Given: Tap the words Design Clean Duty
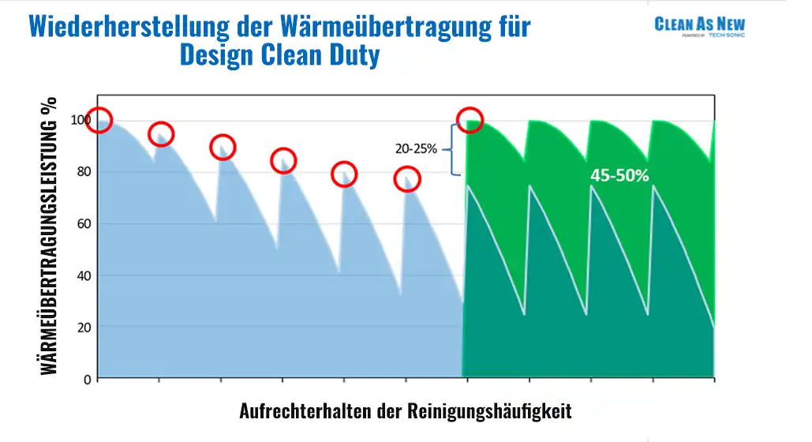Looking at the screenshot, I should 279,55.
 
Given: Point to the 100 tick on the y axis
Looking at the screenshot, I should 82,120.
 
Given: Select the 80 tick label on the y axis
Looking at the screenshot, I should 84,172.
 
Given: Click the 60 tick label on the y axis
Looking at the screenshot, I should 84,224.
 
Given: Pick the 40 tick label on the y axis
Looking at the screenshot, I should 84,275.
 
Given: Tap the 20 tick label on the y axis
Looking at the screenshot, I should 84,328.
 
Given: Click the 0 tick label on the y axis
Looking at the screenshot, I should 88,380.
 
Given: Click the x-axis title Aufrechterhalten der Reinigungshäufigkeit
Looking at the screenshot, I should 405,411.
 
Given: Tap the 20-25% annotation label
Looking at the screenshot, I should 416,147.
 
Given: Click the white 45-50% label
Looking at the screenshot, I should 619,175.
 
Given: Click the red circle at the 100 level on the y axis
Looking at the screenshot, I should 99,120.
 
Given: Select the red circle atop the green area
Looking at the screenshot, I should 470,119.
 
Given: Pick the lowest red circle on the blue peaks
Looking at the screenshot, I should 407,179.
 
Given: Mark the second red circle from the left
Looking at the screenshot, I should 161,134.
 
